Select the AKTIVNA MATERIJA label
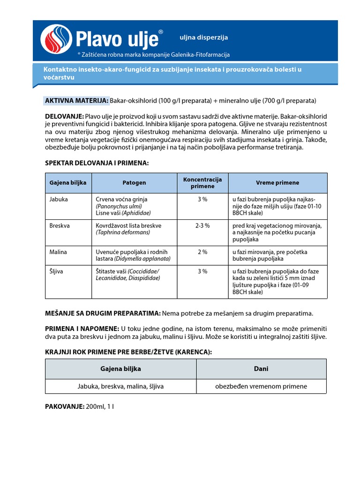(76, 101)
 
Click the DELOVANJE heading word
(64, 116)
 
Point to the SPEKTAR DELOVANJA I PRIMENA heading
(96, 163)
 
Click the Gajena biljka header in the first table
(68, 183)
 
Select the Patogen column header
(134, 183)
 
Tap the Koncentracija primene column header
(202, 183)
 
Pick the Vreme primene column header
(277, 183)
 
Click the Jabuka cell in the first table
(59, 199)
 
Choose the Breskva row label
(60, 225)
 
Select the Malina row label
(58, 252)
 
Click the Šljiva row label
(57, 271)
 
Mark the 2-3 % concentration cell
(202, 225)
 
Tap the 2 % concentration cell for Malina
(202, 252)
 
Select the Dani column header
(261, 369)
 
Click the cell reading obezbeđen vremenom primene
(261, 386)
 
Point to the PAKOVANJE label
(65, 406)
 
